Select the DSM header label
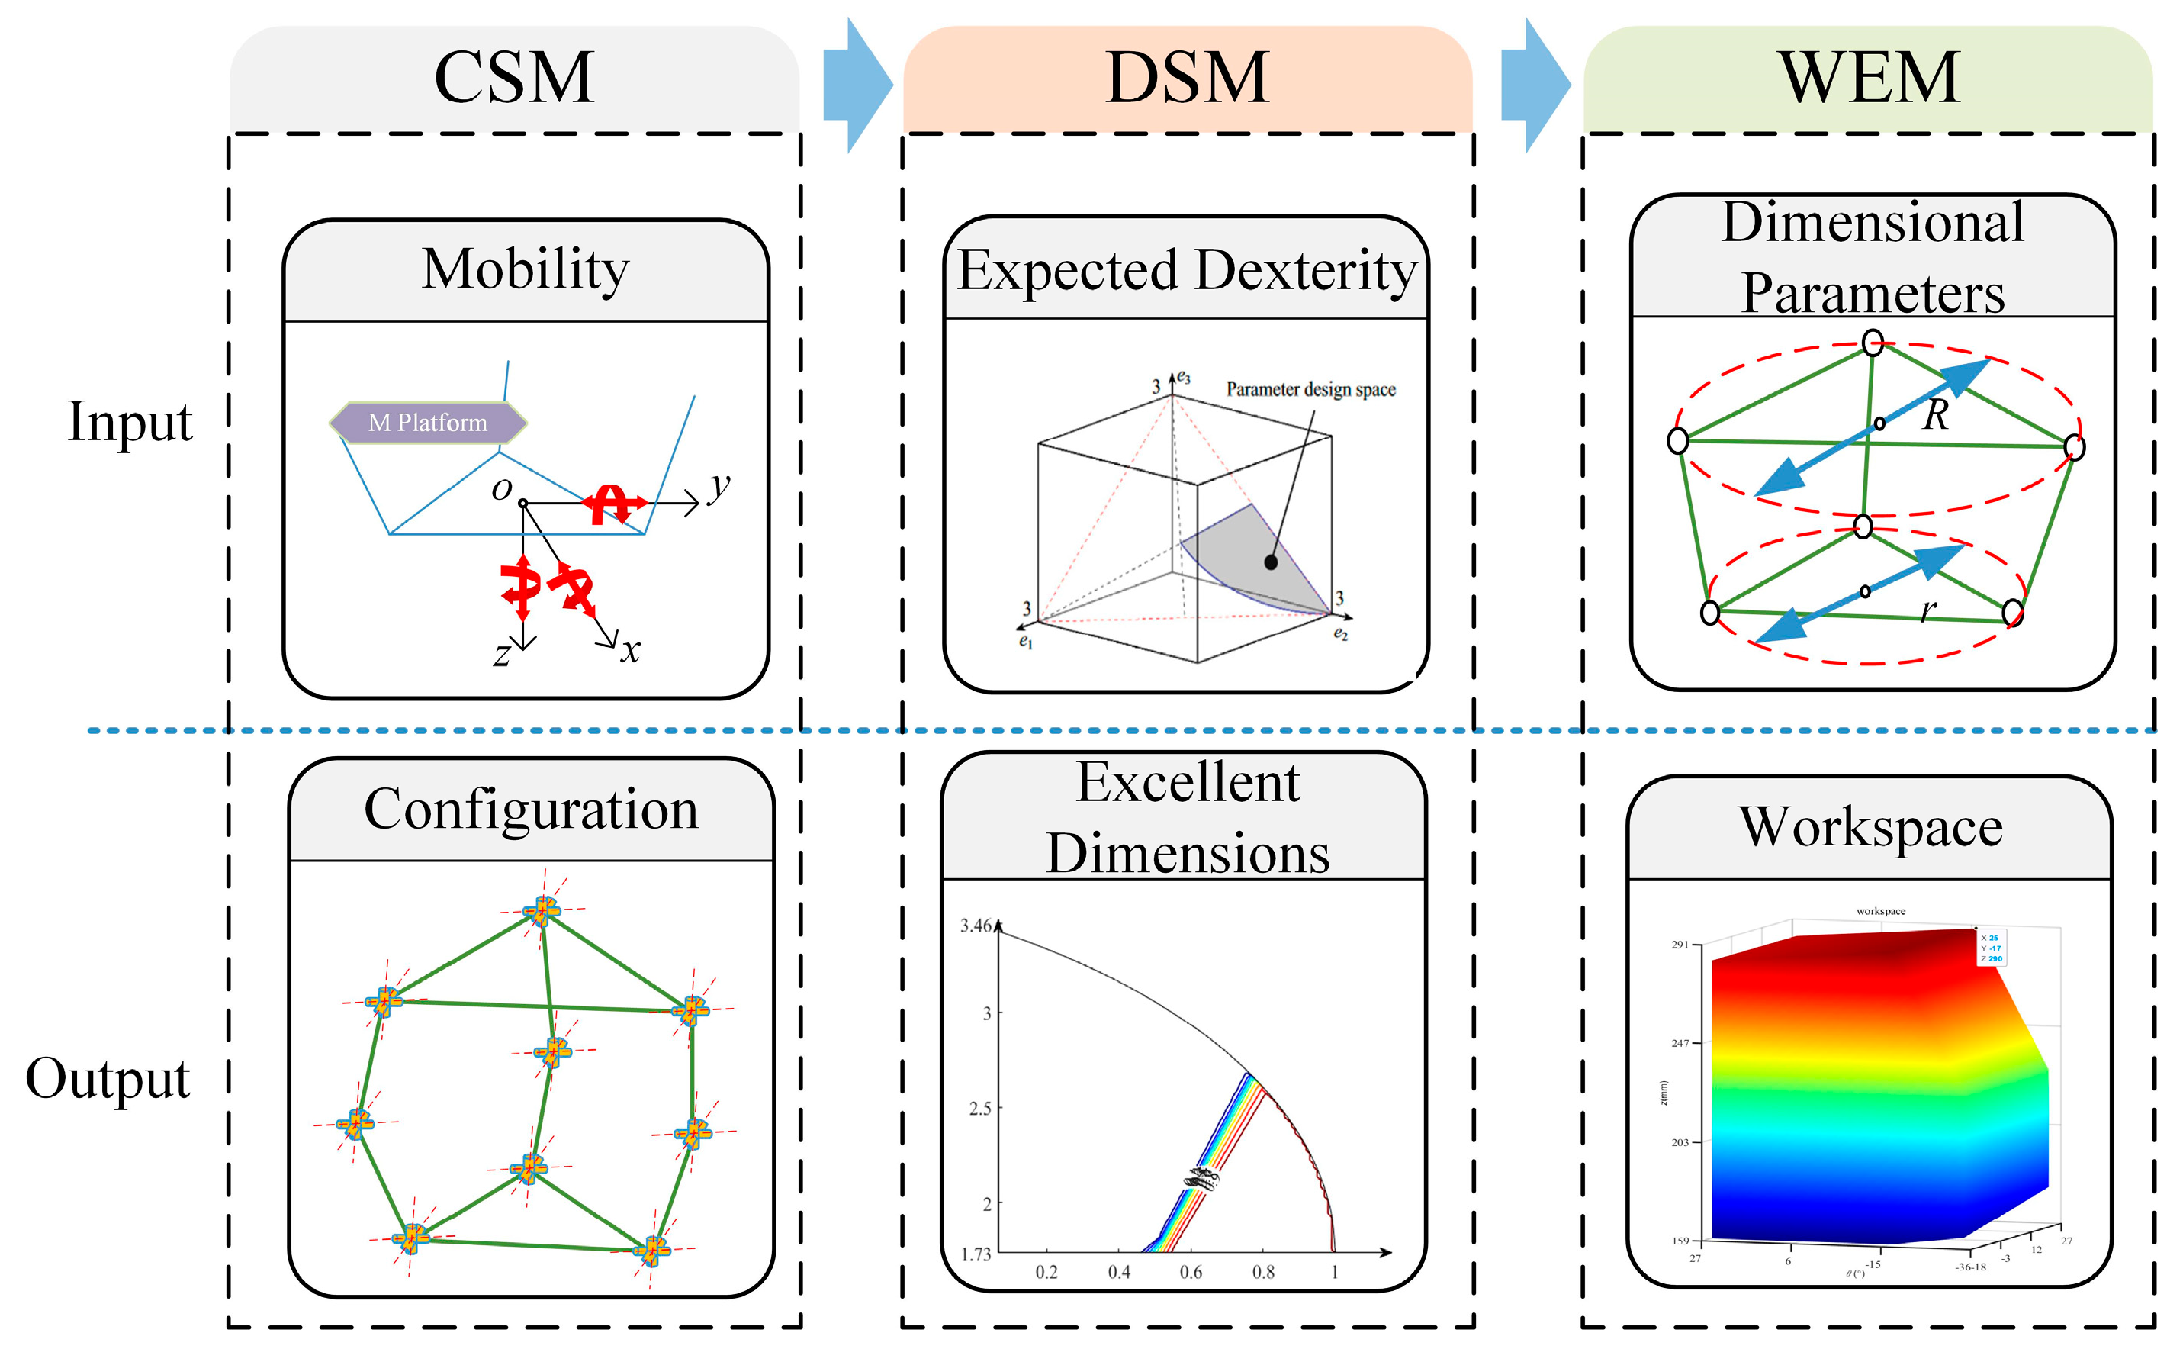coord(1187,79)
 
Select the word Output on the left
coord(108,1078)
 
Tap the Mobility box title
coord(526,269)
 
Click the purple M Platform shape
coord(428,423)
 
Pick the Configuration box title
coord(532,810)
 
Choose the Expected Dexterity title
coord(1187,270)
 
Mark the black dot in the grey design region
coord(1271,562)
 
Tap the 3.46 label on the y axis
coord(976,926)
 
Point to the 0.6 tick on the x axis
coord(1191,1272)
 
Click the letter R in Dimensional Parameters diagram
coord(1935,415)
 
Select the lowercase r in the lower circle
coord(1928,610)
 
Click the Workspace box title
coord(1871,828)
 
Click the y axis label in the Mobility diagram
coord(718,488)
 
